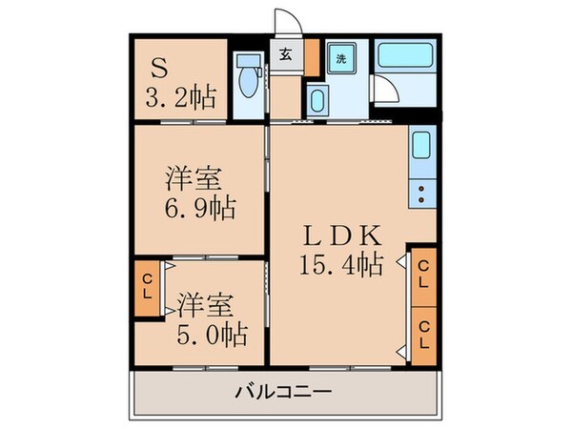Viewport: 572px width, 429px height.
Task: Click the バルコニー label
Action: coord(282,391)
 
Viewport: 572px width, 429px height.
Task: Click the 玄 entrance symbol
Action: coord(285,54)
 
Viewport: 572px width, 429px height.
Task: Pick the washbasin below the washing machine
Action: coord(318,98)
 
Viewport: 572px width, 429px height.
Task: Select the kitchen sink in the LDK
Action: coord(421,148)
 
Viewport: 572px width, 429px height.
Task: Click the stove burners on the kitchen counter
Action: coord(421,194)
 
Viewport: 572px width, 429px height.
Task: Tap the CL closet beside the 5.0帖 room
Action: coord(148,285)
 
